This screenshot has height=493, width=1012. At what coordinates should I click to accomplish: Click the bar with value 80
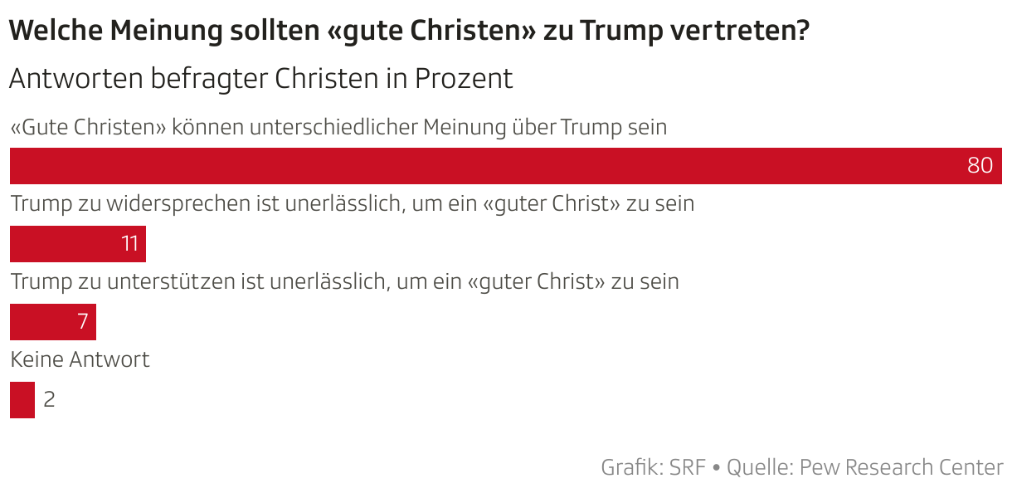[x=498, y=165]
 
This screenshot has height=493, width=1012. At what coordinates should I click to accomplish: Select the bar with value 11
[x=66, y=244]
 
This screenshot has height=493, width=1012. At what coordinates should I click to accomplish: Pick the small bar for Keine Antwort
[x=22, y=400]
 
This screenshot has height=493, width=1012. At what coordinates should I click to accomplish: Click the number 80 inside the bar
[x=980, y=165]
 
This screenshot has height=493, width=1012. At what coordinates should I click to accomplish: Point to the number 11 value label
[x=129, y=244]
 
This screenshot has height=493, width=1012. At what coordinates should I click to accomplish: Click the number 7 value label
[x=83, y=322]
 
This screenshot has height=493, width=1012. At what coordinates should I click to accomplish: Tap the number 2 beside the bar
[x=49, y=400]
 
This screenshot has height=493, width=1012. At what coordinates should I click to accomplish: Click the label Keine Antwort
[x=80, y=360]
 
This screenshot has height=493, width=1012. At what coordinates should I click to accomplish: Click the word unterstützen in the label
[x=171, y=282]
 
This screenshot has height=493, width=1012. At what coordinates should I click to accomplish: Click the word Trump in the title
[x=621, y=32]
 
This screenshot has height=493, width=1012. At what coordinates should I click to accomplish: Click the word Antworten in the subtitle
[x=75, y=79]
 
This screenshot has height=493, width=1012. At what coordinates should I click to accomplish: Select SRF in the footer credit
[x=688, y=467]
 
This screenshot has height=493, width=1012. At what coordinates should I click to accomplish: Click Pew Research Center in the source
[x=901, y=467]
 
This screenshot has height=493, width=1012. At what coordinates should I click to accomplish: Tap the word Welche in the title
[x=56, y=32]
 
